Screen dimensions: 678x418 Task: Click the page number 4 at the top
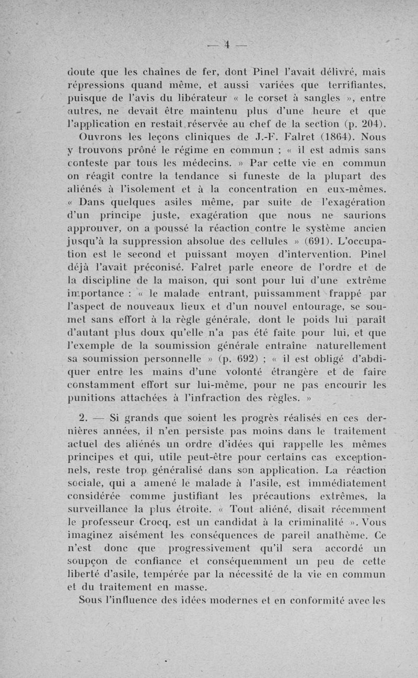227,43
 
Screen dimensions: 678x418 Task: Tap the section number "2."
83,419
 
